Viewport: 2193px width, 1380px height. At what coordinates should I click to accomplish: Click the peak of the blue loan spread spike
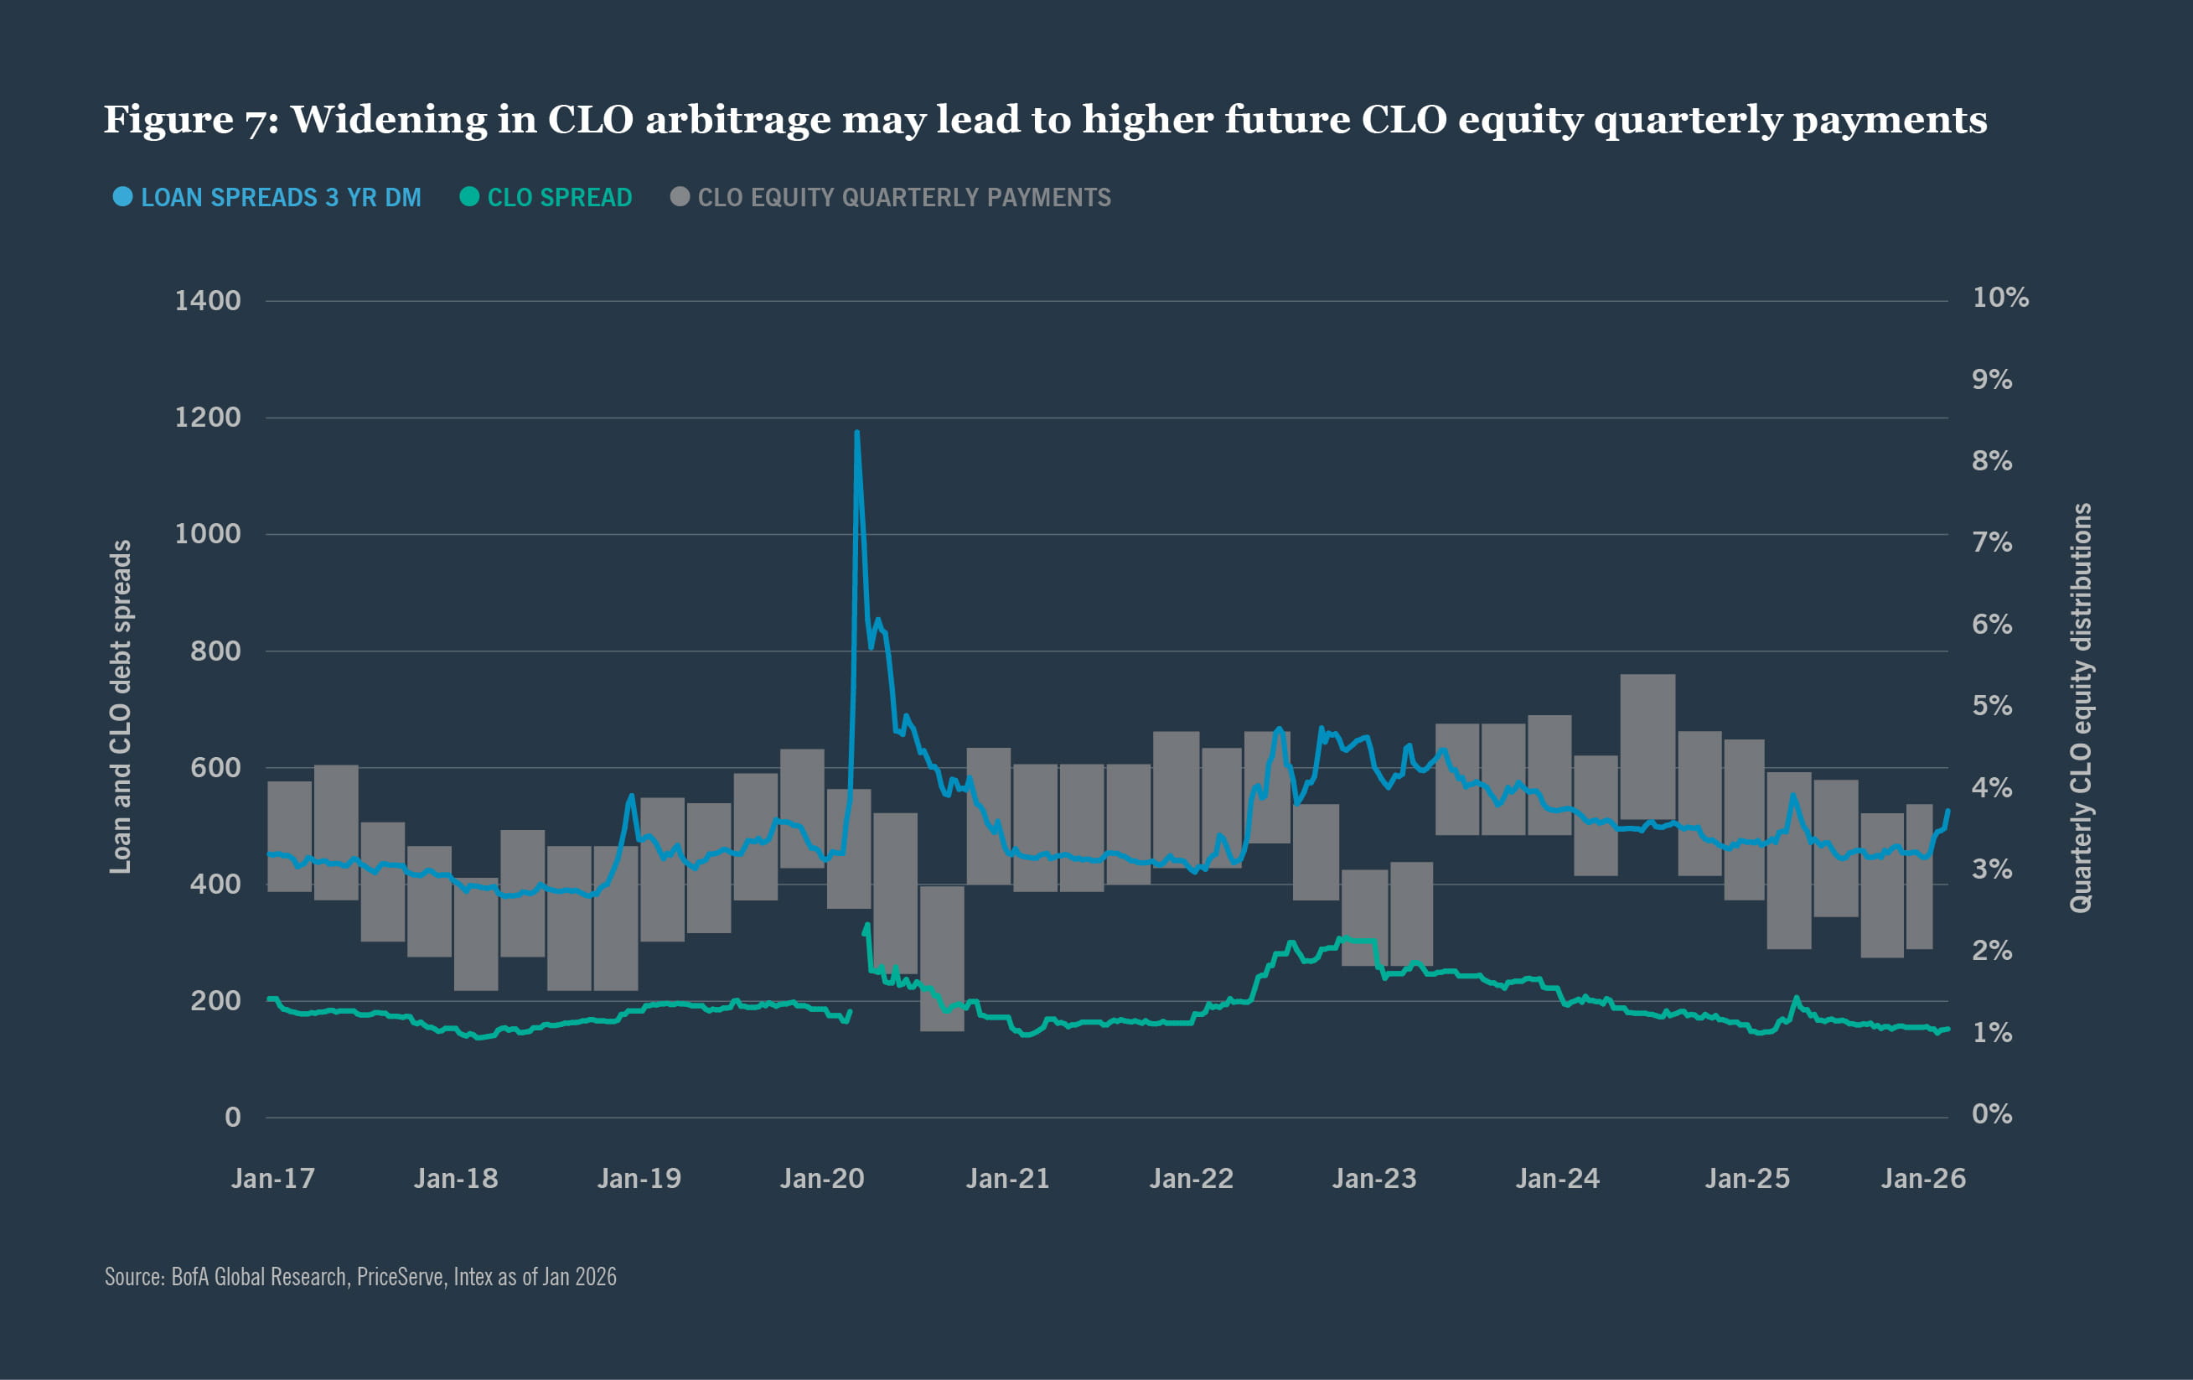click(857, 433)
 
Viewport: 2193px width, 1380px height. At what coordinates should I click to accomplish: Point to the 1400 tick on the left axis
click(208, 301)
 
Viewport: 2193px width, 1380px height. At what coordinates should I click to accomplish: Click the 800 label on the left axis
click(215, 651)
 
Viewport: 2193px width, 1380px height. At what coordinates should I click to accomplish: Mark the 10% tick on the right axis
click(2000, 297)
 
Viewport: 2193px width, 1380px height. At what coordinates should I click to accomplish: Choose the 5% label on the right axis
click(1992, 705)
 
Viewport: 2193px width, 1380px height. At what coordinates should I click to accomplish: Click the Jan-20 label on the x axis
click(821, 1179)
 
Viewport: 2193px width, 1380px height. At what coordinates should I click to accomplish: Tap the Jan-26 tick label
click(1923, 1179)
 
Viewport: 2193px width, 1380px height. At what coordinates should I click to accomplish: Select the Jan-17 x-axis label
click(273, 1179)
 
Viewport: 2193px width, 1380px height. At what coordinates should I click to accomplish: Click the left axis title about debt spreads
click(120, 707)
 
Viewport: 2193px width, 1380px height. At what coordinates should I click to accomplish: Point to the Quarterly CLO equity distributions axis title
click(2081, 707)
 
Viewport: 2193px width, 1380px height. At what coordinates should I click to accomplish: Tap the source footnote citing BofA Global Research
click(359, 1277)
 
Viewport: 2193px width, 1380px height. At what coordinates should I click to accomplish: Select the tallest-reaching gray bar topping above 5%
click(1647, 747)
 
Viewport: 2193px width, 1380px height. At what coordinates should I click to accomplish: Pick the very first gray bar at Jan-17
click(290, 836)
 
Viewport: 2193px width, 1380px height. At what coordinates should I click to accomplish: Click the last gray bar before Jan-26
click(1919, 876)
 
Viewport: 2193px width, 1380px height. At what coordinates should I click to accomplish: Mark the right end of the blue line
click(1948, 810)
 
